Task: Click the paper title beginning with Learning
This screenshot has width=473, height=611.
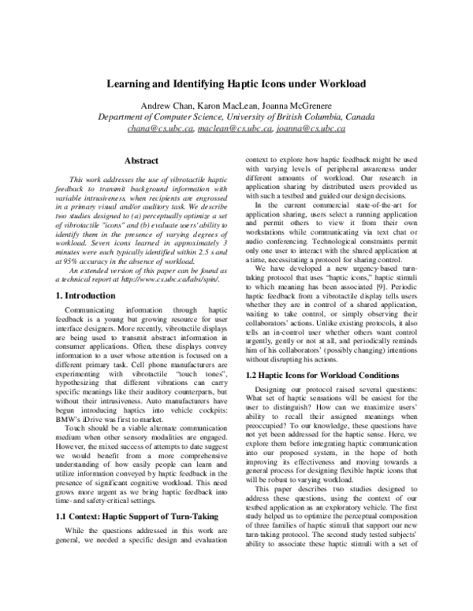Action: pos(236,83)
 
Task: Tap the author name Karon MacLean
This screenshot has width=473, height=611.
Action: pos(233,106)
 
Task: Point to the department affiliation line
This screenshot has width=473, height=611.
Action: pos(236,117)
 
